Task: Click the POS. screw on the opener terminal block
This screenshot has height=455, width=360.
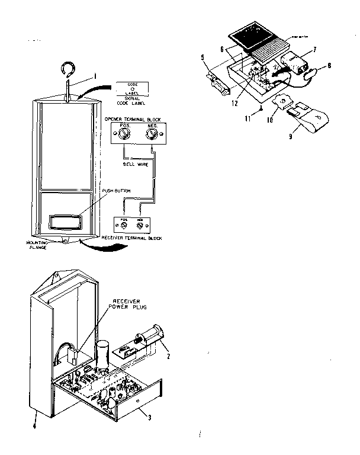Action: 123,134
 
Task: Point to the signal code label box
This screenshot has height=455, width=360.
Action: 133,89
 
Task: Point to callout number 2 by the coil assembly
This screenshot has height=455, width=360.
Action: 169,357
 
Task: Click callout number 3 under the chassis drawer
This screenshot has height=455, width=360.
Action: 149,417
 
